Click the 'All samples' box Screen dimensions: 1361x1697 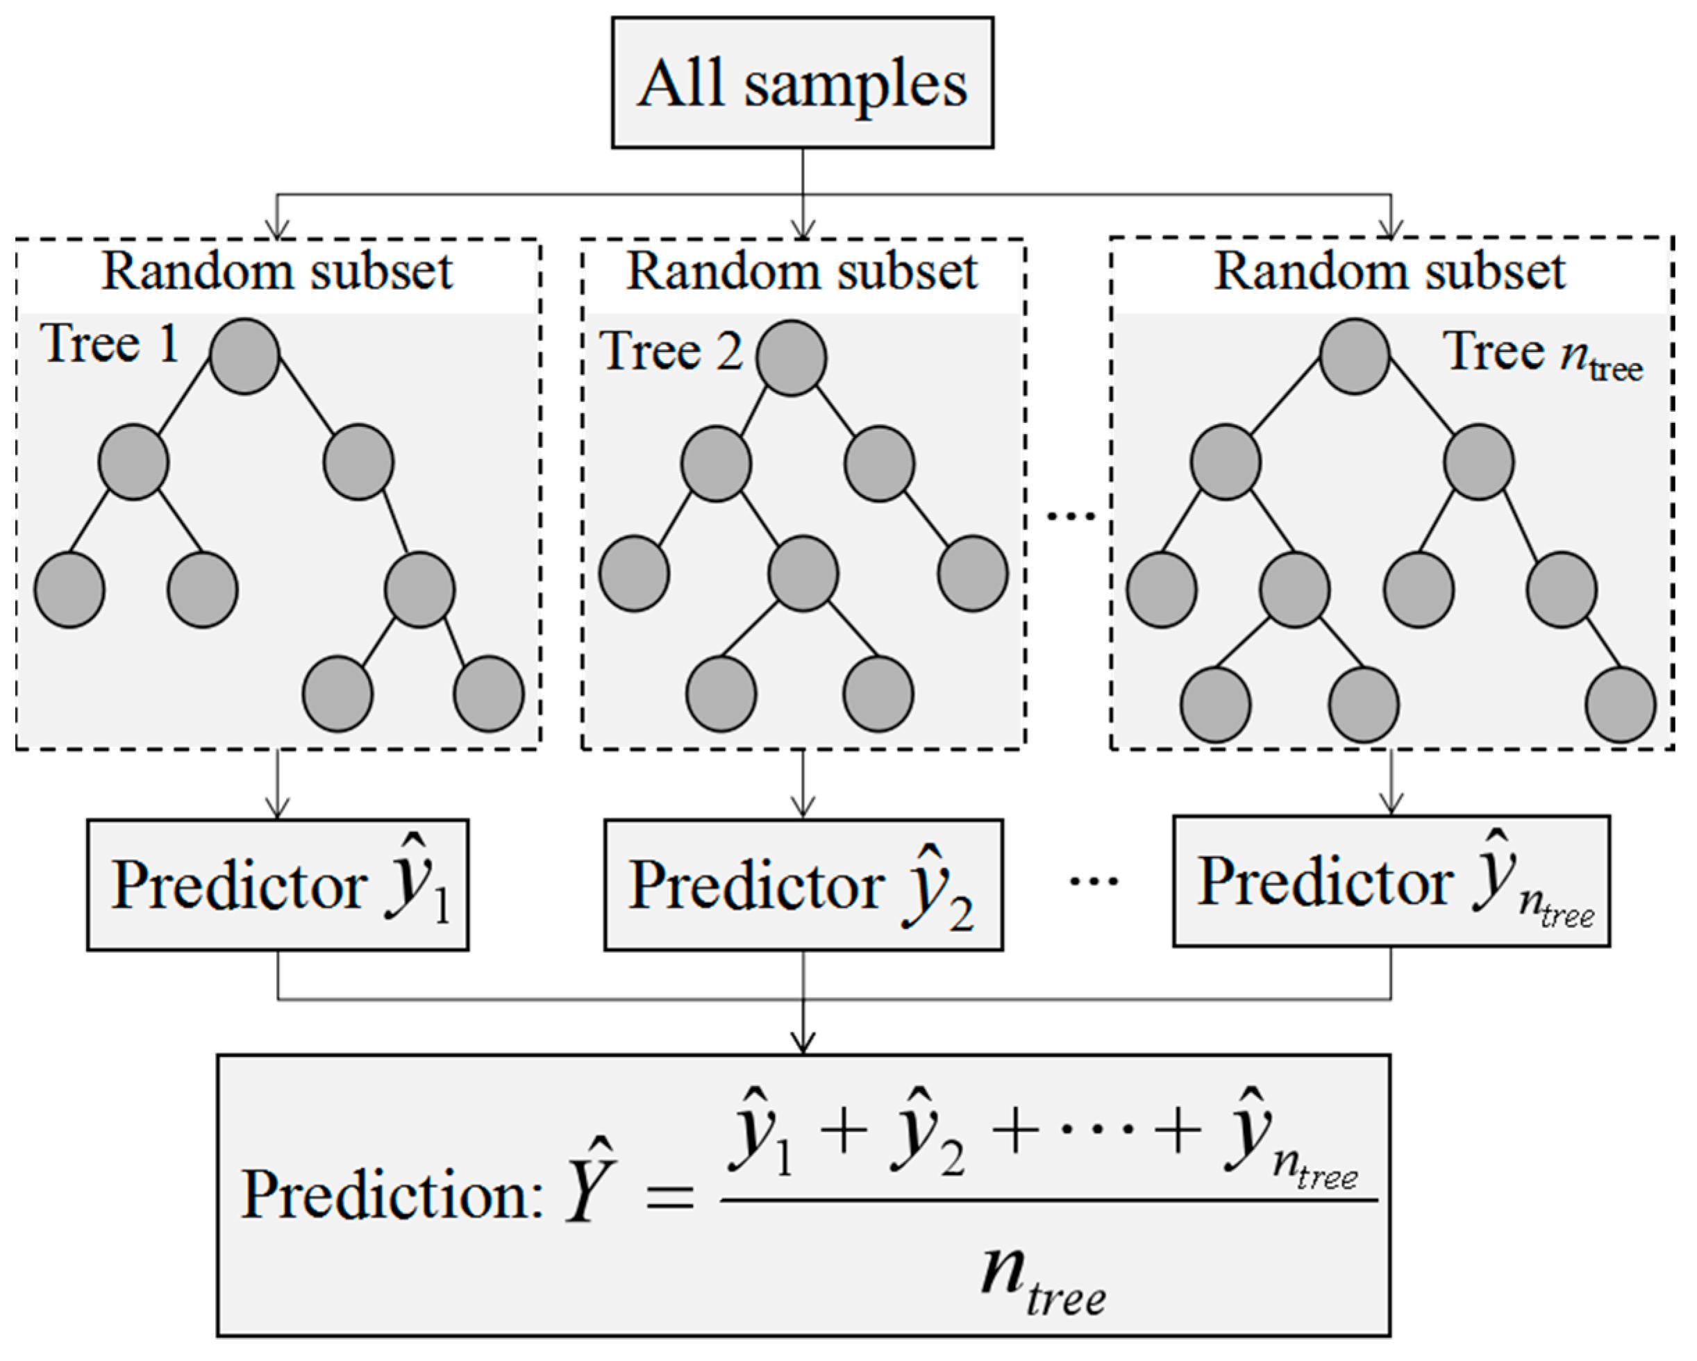click(802, 83)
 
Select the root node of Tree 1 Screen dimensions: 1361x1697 click(245, 356)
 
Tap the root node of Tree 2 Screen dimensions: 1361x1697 click(791, 358)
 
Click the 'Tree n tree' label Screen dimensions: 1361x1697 click(1541, 354)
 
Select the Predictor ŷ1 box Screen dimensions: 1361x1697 click(278, 885)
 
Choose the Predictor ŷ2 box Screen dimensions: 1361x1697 click(803, 885)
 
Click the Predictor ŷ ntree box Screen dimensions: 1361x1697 click(1391, 881)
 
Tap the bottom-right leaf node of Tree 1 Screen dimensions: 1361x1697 click(489, 694)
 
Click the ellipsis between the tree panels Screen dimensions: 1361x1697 click(1071, 517)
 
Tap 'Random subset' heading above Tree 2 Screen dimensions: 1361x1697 click(802, 272)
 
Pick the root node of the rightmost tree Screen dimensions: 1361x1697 click(1354, 356)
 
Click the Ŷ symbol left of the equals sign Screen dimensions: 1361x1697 click(590, 1185)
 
